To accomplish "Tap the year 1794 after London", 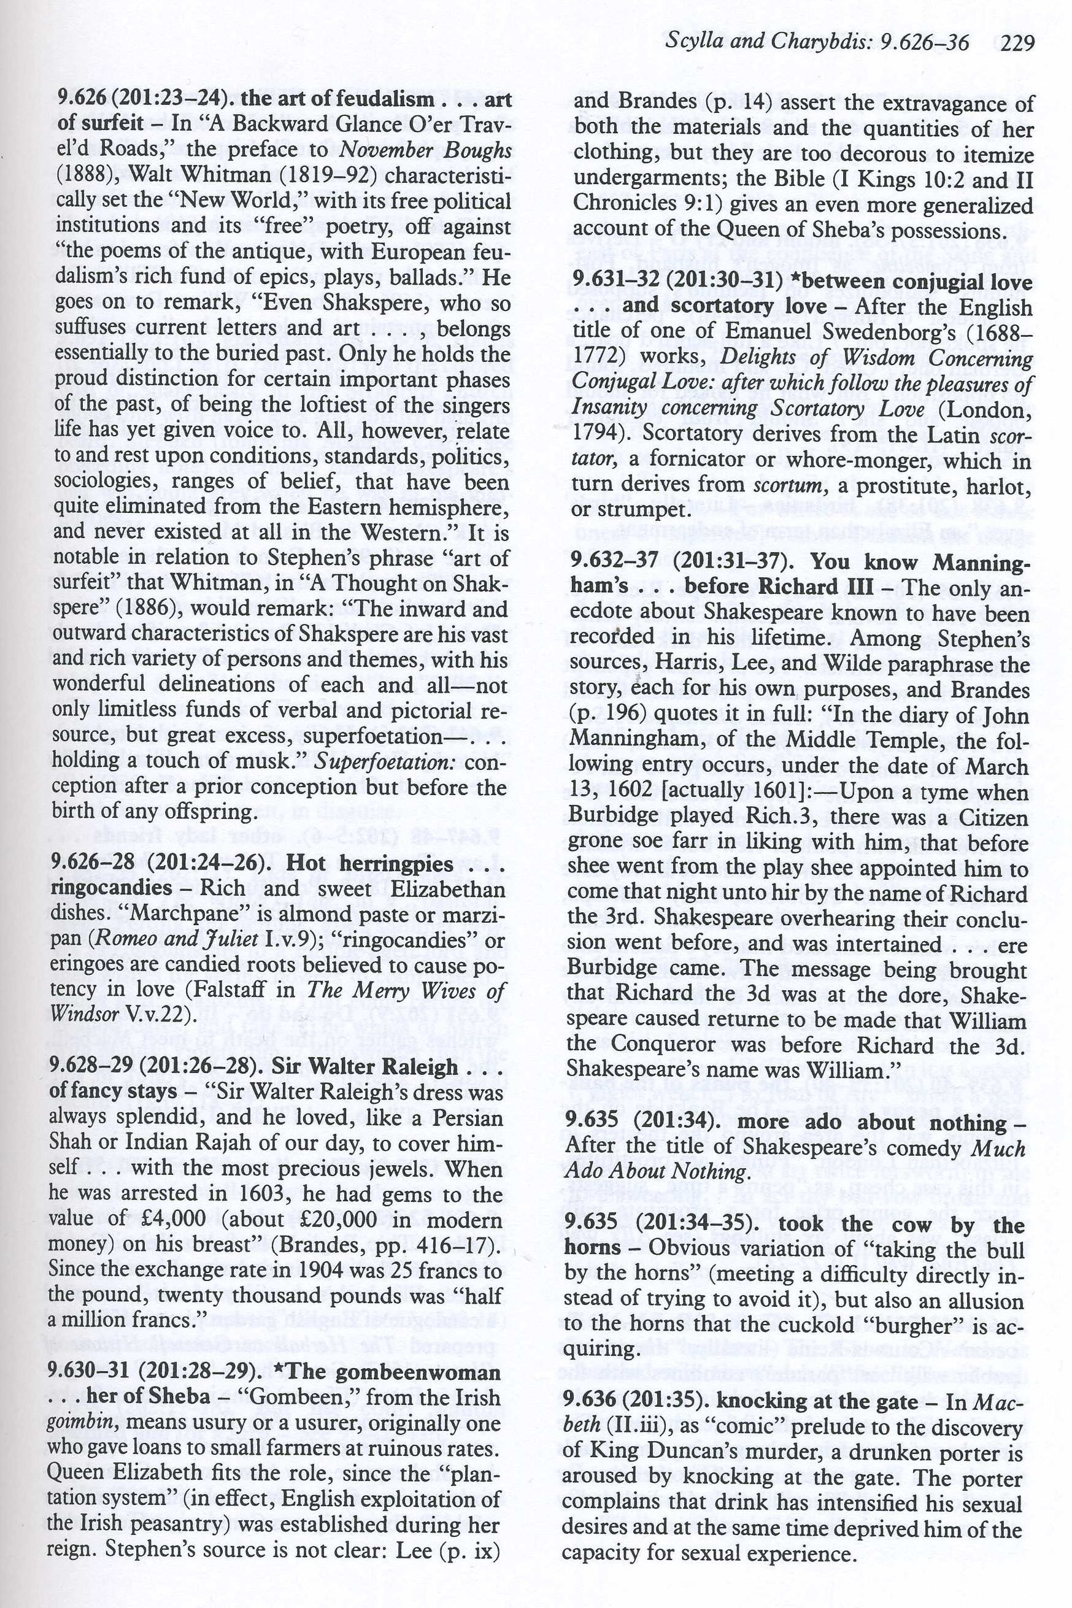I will tap(595, 434).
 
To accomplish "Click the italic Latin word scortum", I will tap(784, 485).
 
